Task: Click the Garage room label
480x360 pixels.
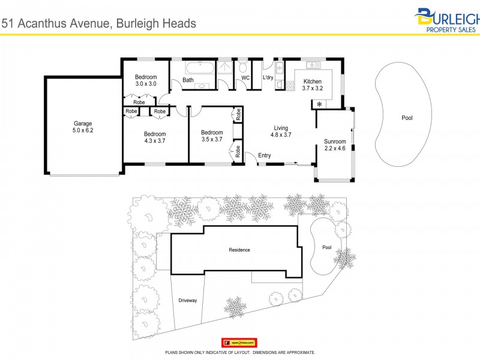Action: (82, 123)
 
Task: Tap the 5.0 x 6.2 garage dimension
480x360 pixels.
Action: (82, 130)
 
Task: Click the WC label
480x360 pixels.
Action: (245, 78)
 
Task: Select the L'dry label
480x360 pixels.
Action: (268, 78)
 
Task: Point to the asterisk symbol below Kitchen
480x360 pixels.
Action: (319, 105)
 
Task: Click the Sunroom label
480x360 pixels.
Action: (335, 144)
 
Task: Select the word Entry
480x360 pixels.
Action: (265, 156)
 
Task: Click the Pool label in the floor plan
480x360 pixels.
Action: (407, 118)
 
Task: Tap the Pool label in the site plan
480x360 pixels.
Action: (326, 247)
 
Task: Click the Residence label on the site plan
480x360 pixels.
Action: (239, 250)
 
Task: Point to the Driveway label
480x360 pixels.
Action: (188, 300)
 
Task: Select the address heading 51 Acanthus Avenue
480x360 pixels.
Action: (98, 23)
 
